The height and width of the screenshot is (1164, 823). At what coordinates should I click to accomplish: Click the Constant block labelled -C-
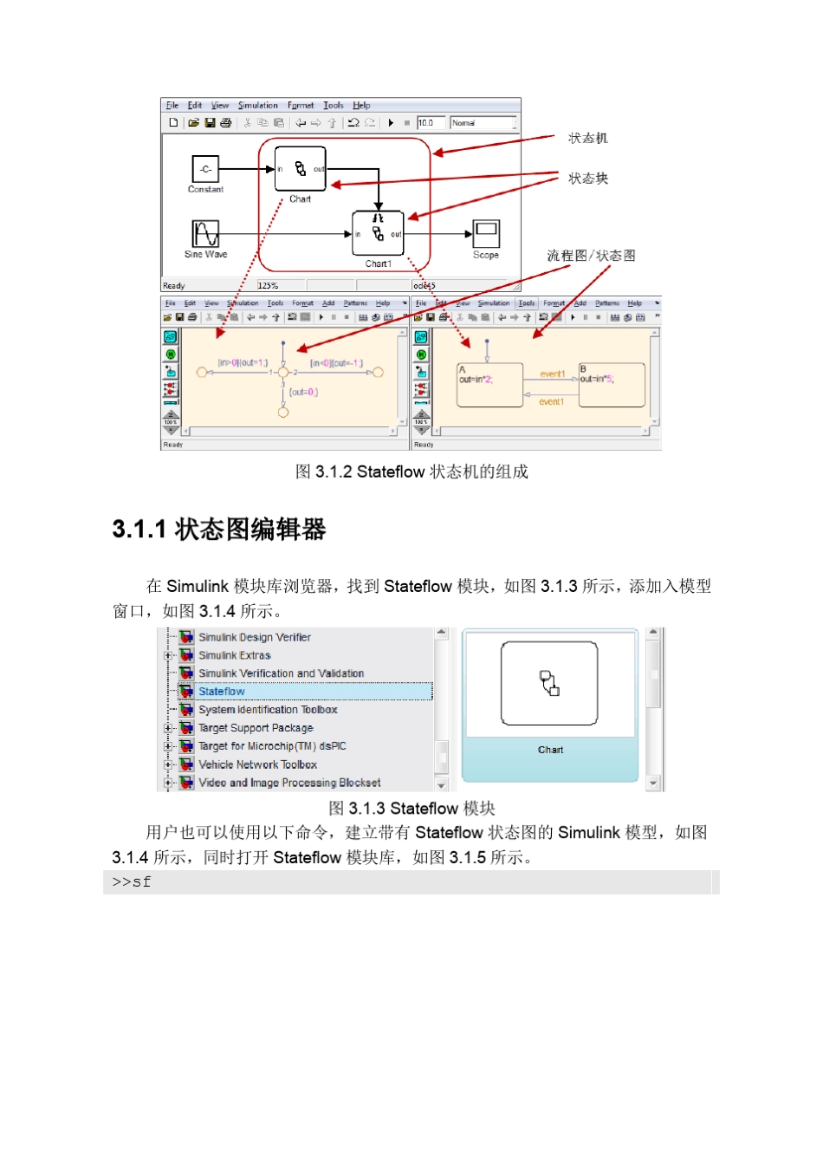click(x=205, y=169)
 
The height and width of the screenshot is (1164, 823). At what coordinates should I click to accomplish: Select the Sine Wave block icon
click(x=205, y=233)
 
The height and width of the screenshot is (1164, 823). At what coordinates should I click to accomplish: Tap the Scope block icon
click(x=486, y=233)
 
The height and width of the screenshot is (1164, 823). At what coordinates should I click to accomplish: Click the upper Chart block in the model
click(x=300, y=169)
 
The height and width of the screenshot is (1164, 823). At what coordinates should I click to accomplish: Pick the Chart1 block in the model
click(x=378, y=233)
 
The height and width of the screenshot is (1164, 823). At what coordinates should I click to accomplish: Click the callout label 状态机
click(x=588, y=139)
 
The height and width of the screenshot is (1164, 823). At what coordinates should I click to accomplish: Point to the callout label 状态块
click(x=588, y=179)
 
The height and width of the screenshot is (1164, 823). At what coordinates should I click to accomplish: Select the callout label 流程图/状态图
click(x=591, y=256)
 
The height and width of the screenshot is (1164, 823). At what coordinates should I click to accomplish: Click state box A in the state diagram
click(x=489, y=385)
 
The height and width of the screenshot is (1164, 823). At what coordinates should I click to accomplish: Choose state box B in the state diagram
click(x=612, y=385)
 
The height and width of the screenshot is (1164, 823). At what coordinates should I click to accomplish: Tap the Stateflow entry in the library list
click(x=222, y=692)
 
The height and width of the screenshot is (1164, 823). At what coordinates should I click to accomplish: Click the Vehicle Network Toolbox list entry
click(x=257, y=764)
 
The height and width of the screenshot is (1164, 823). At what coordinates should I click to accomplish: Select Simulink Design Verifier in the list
click(x=255, y=637)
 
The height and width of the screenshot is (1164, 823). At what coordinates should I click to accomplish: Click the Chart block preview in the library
click(x=549, y=684)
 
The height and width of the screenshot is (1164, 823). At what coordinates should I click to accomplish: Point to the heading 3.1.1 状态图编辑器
click(x=219, y=530)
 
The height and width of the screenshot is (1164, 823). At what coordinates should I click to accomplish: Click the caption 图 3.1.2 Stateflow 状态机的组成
click(x=411, y=471)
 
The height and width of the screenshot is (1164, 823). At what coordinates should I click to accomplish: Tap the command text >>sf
click(x=132, y=882)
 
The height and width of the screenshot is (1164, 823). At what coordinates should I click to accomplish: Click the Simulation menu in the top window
click(x=258, y=106)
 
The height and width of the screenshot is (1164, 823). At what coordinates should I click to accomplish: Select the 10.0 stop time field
click(x=430, y=123)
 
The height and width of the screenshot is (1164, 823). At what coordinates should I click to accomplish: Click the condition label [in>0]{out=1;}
click(x=243, y=363)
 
